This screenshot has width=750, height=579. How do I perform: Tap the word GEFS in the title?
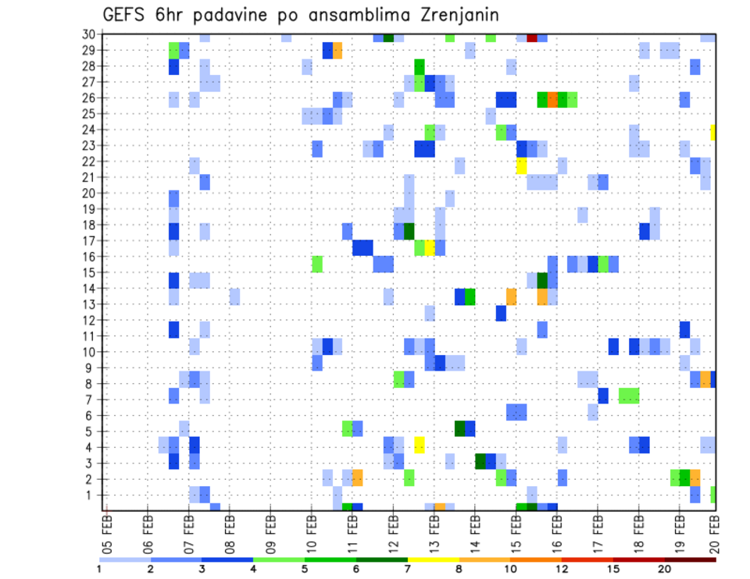click(x=127, y=16)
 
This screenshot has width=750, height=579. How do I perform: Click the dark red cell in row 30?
click(x=532, y=37)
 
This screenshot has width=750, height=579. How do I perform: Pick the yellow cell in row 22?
click(x=522, y=165)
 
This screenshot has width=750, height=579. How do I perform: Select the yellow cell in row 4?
click(x=420, y=445)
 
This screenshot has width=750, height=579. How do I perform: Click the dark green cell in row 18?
click(x=409, y=231)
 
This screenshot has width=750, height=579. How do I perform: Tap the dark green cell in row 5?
click(x=460, y=428)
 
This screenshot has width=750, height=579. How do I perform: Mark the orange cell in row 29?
click(x=337, y=51)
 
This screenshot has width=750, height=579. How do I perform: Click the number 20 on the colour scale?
click(x=665, y=569)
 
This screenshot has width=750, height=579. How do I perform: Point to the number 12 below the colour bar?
click(x=562, y=569)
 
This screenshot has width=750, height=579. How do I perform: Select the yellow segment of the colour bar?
click(x=434, y=559)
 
